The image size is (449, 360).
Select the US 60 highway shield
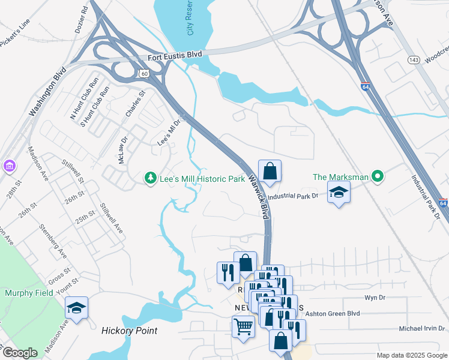click(x=143, y=73)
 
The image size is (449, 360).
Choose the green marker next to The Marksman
click(x=377, y=176)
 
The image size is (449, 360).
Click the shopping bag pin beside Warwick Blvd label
click(x=270, y=172)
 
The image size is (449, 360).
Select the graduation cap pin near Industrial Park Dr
click(x=339, y=193)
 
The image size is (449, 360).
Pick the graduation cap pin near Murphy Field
click(x=76, y=308)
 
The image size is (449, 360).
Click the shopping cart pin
click(x=243, y=327)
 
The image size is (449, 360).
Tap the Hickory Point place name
click(x=129, y=331)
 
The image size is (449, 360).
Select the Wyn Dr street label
click(x=374, y=298)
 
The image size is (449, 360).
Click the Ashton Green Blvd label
click(x=340, y=313)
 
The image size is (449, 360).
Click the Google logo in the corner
click(x=19, y=353)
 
